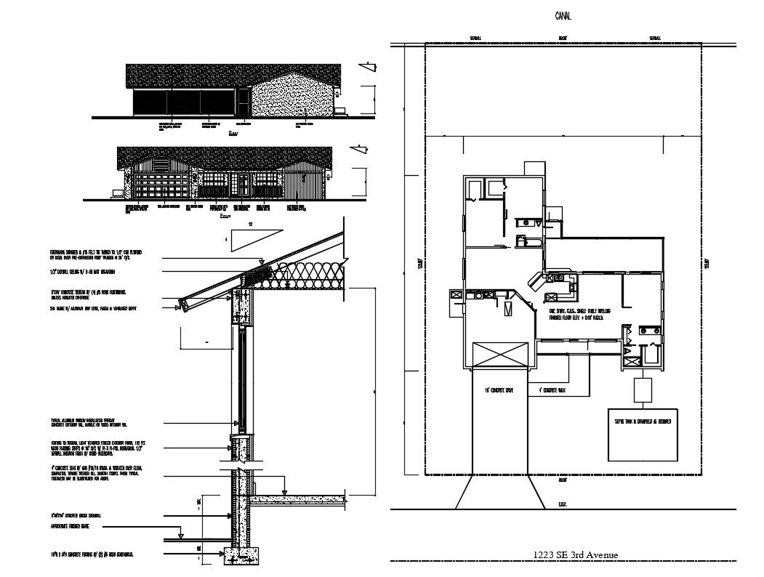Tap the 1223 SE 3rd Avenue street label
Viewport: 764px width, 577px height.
575,555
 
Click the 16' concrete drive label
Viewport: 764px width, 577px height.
499,391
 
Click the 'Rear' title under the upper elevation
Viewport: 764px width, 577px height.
233,134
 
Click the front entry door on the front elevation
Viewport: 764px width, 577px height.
244,185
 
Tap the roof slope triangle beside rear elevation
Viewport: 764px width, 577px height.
369,70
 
